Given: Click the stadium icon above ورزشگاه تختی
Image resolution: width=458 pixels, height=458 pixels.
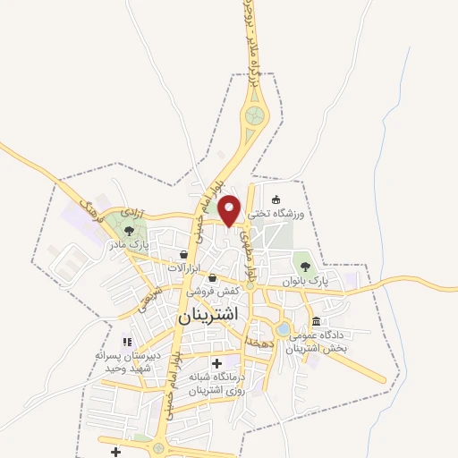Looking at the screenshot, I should click(276, 199).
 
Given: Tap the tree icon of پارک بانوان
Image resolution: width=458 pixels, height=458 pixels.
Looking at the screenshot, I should click(306, 266).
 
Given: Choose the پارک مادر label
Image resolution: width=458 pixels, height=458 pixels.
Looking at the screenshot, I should click(127, 243).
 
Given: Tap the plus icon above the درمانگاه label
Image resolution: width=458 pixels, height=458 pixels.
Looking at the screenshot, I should click(216, 363).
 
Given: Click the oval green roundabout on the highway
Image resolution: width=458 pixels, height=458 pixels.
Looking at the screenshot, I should click(257, 115).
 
